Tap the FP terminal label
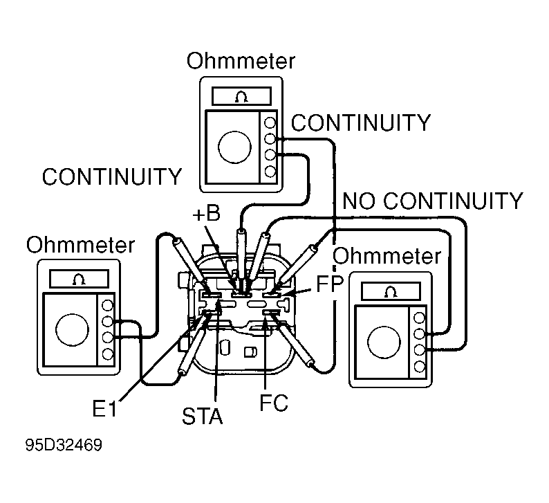tap(331, 284)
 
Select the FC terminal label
tap(274, 403)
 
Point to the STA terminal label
tap(203, 416)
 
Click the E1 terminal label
tap(104, 408)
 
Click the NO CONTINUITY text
tap(432, 201)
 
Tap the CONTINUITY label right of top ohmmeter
tap(361, 123)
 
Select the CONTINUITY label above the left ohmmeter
tap(112, 176)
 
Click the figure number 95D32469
tap(64, 445)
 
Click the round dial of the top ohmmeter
tap(234, 147)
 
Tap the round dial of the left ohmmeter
tap(72, 330)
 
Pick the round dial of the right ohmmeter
tap(384, 342)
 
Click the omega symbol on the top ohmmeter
tap(241, 96)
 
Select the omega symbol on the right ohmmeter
tap(391, 291)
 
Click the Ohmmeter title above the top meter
tap(241, 61)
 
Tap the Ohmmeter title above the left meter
tap(80, 244)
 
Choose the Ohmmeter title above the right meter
tap(387, 256)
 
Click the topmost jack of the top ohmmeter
tap(270, 122)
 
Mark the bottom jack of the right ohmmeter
tap(420, 367)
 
